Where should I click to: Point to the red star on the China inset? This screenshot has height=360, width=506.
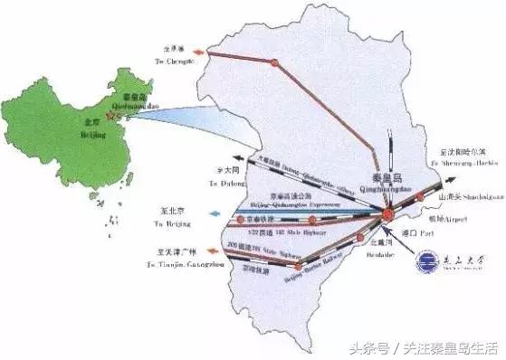coord(111,116)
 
